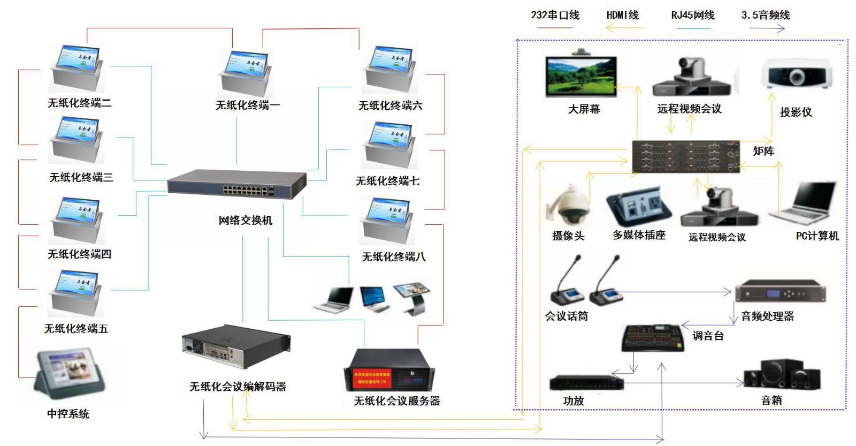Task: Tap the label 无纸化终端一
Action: [247, 105]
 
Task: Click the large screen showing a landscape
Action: [581, 77]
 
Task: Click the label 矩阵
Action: [763, 151]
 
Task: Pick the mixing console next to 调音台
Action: [653, 337]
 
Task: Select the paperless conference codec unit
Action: [235, 347]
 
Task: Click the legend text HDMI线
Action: [623, 15]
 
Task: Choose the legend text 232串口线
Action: [555, 15]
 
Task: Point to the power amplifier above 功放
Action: [586, 383]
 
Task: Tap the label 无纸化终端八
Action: [394, 256]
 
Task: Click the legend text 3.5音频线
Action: [766, 15]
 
